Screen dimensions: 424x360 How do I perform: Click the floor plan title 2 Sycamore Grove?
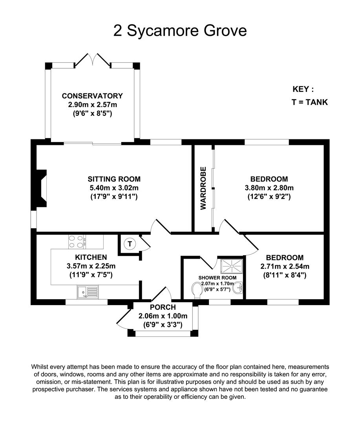coord(180,30)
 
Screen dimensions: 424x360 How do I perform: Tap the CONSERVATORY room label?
coord(92,96)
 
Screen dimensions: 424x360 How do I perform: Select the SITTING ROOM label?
coord(114,179)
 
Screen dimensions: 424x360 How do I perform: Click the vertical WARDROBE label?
coord(203,188)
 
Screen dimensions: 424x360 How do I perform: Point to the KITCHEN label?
coord(91,258)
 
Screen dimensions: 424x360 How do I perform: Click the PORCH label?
coord(163,307)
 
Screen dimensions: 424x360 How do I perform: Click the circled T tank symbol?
coord(130,244)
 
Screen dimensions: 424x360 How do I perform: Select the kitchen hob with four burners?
coord(77,241)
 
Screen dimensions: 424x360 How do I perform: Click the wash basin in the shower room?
coord(238,289)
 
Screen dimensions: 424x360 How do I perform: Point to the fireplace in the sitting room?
coord(42,187)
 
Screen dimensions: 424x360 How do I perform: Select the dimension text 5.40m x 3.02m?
coord(114,188)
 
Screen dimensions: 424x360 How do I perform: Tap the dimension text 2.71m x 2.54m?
coord(285,266)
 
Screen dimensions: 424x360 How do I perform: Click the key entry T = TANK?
coord(309,102)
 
